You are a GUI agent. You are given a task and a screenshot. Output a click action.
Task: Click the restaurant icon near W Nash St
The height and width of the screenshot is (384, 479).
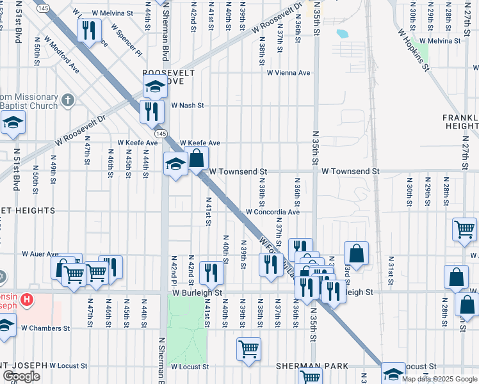click(152, 111)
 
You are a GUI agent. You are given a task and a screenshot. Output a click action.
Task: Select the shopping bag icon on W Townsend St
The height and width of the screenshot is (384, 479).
click(197, 157)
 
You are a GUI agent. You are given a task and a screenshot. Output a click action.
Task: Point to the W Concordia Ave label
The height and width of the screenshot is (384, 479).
click(273, 212)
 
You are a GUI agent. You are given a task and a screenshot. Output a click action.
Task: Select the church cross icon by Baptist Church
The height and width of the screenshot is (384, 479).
click(68, 100)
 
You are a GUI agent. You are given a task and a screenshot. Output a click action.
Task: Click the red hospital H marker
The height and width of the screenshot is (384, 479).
click(26, 299)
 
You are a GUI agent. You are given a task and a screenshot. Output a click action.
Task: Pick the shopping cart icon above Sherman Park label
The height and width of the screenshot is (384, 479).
click(248, 349)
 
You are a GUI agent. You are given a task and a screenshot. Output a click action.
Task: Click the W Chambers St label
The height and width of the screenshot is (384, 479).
click(45, 328)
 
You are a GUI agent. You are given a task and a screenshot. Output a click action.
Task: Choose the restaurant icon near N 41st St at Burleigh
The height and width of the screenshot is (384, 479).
click(211, 272)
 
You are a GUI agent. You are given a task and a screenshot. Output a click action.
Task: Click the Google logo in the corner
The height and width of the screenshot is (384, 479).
click(21, 376)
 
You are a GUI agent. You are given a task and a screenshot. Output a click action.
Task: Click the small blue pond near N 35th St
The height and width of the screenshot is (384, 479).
click(342, 33)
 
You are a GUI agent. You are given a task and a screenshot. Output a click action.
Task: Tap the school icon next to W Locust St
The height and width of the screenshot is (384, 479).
click(393, 372)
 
